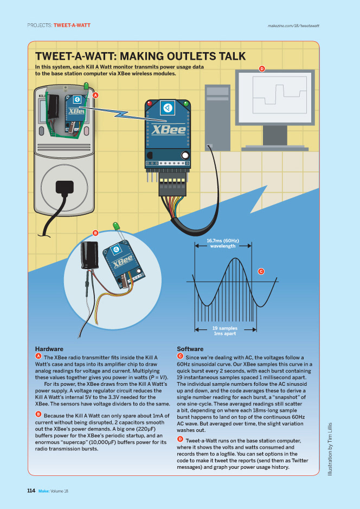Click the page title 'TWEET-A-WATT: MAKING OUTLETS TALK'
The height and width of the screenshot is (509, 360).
[x=140, y=56]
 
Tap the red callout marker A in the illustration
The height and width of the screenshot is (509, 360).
[x=95, y=95]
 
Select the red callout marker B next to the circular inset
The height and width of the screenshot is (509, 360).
[x=95, y=233]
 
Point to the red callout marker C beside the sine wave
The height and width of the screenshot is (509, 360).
[x=261, y=271]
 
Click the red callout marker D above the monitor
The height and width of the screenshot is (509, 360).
[x=261, y=69]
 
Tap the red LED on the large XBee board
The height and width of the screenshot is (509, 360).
[x=150, y=102]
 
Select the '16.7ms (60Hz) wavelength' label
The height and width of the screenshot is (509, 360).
[x=223, y=243]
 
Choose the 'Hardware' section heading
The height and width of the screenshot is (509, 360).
[x=49, y=348]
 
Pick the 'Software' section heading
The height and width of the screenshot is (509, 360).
[x=190, y=348]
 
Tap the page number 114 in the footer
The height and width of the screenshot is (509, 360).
[x=31, y=491]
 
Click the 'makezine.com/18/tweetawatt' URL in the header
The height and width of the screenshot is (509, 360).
[x=293, y=25]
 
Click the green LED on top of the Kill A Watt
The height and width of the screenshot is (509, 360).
[x=86, y=86]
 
